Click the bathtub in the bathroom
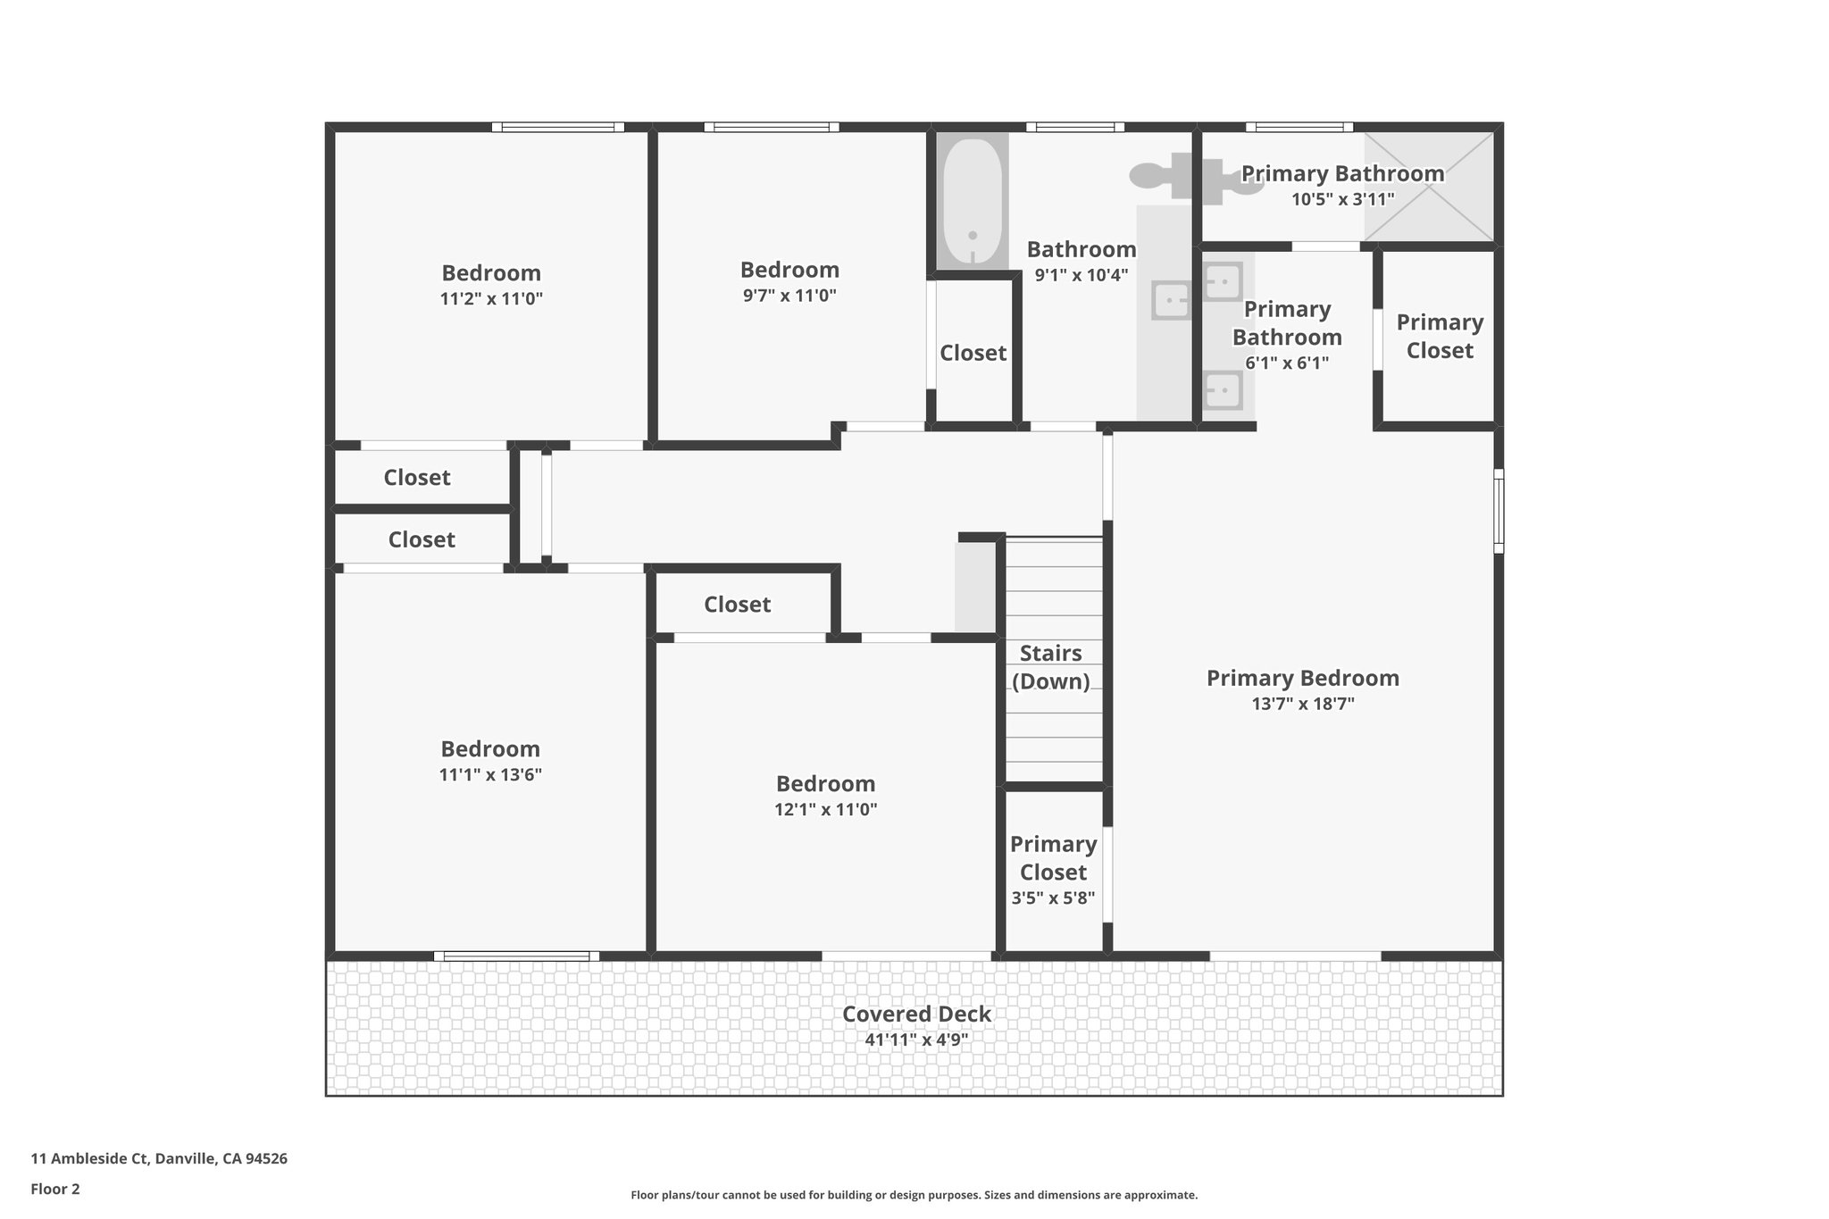click(973, 202)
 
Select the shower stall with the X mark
click(1429, 187)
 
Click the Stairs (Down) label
click(1051, 667)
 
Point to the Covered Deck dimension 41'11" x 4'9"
click(916, 1039)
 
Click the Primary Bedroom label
click(1302, 678)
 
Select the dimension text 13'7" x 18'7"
click(1302, 704)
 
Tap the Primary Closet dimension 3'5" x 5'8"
click(1053, 898)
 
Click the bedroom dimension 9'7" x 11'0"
click(789, 296)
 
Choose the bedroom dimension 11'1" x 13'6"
click(490, 774)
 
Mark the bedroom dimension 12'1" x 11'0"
click(825, 810)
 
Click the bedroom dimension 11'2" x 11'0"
click(491, 298)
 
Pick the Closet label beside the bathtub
click(973, 353)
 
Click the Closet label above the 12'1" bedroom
click(737, 605)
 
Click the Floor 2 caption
click(55, 1189)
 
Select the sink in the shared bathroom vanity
click(1170, 301)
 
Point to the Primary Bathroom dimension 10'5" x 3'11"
click(1342, 199)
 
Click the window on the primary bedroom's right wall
click(1499, 511)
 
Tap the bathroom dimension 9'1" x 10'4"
click(1081, 275)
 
